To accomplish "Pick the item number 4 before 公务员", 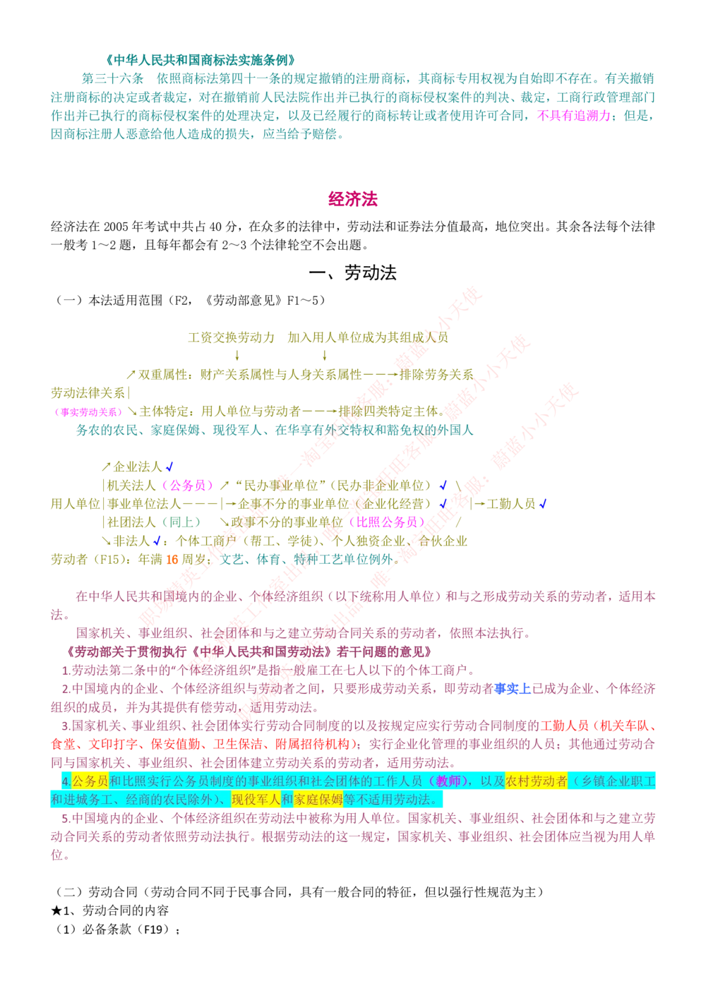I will click(x=66, y=781).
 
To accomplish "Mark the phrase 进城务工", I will click(x=93, y=800).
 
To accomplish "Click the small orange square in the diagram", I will click(x=172, y=559).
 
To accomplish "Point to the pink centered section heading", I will click(x=353, y=199).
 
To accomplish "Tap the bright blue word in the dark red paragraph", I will click(x=513, y=687).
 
